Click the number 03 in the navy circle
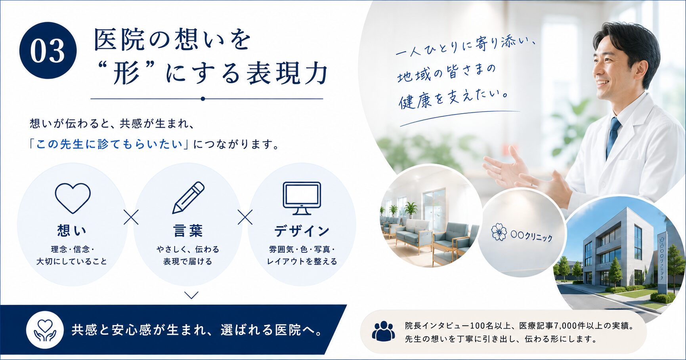pos(48,51)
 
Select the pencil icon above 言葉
pos(188,198)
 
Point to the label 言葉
pos(188,230)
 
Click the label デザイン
pos(302,230)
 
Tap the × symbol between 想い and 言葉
pos(131,217)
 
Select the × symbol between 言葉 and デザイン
pos(245,217)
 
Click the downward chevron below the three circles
pos(191,295)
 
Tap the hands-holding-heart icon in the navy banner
pos(45,330)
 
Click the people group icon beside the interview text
pos(383,331)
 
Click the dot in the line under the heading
pos(203,99)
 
